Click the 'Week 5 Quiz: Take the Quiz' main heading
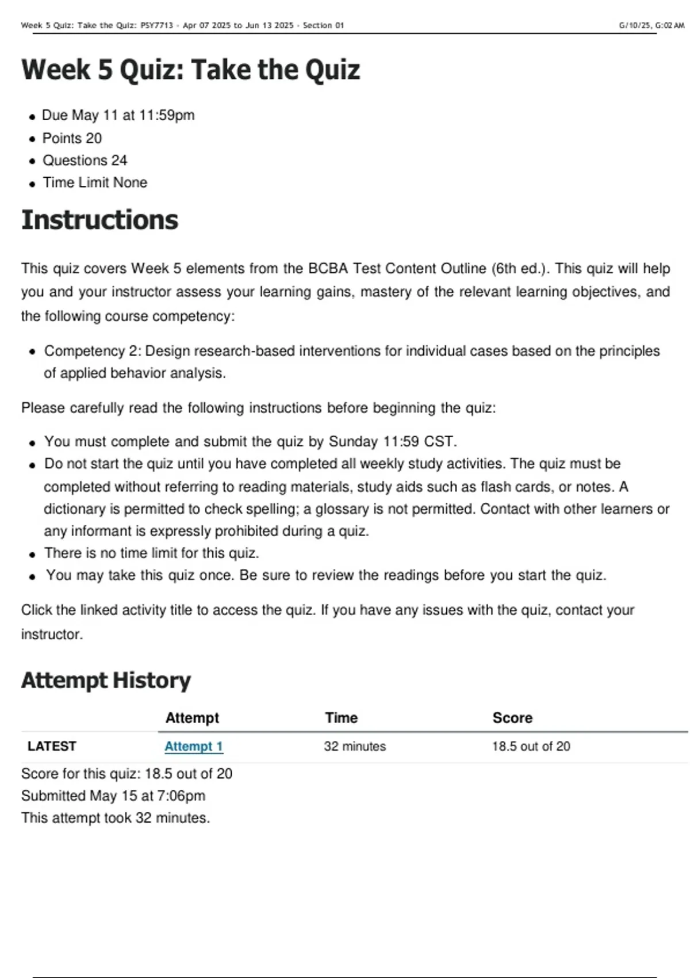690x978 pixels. tap(190, 70)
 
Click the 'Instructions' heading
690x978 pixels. tap(99, 220)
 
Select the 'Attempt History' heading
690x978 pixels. tap(106, 681)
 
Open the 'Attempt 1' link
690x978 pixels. tap(193, 746)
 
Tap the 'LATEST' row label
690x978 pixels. tap(52, 746)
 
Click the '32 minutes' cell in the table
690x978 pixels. tap(355, 746)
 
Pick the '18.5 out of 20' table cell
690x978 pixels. tap(531, 746)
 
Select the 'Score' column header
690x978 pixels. tap(512, 717)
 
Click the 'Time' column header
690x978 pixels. tap(341, 717)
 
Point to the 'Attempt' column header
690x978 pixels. tap(192, 717)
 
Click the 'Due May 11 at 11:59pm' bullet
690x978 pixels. tap(118, 115)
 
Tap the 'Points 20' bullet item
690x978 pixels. tap(72, 138)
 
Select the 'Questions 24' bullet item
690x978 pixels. tap(85, 161)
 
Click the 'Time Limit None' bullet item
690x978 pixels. tap(95, 182)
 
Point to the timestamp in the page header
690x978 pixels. tap(651, 25)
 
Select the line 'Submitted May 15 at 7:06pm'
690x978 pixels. tap(113, 796)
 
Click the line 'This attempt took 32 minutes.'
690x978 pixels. tap(116, 817)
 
